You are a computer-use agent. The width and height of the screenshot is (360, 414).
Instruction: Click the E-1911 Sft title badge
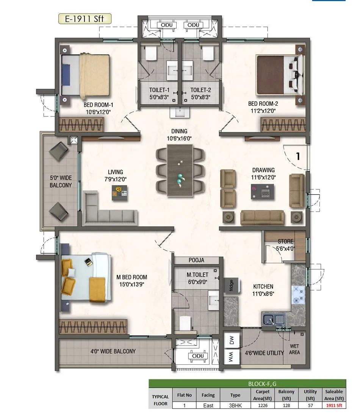click(85, 19)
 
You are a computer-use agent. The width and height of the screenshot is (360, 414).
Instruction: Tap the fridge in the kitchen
click(231, 286)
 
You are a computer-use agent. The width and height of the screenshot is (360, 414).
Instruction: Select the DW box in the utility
click(232, 341)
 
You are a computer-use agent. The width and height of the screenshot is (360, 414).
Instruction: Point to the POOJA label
click(196, 260)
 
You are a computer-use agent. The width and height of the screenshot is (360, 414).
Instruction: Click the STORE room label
click(285, 241)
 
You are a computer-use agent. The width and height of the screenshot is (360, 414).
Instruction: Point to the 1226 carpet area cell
click(263, 405)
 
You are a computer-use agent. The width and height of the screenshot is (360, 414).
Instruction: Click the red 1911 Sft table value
click(334, 405)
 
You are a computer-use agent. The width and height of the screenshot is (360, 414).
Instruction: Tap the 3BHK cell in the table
click(235, 405)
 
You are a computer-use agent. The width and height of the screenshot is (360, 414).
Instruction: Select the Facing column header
click(208, 395)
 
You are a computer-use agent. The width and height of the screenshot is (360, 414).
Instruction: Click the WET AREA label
click(294, 349)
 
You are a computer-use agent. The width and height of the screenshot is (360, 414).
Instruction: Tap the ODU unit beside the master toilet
click(198, 356)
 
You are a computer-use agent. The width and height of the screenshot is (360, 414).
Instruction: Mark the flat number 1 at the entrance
click(298, 156)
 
